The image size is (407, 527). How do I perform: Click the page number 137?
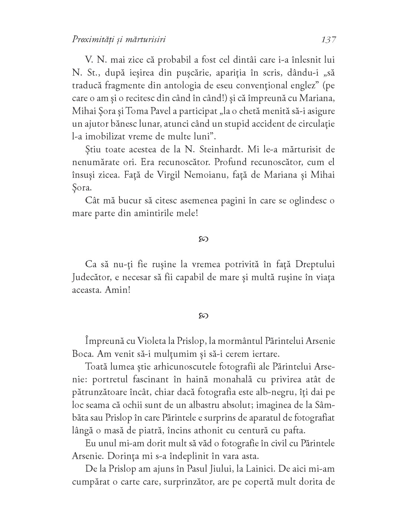point(329,40)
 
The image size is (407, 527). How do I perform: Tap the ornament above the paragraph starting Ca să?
point(203,239)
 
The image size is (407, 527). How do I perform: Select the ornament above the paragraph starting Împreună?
point(203,315)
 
